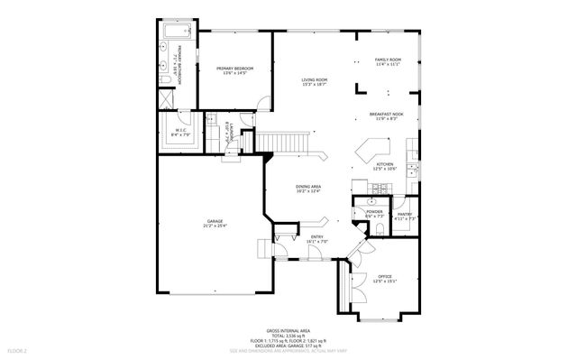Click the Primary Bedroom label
pyautogui.click(x=234, y=70)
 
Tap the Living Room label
pyautogui.click(x=315, y=82)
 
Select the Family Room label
pyautogui.click(x=388, y=62)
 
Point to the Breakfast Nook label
pyautogui.click(x=386, y=116)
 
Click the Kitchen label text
pyautogui.click(x=385, y=166)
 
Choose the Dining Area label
pyautogui.click(x=308, y=189)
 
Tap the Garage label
pyautogui.click(x=215, y=223)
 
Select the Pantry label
pyautogui.click(x=405, y=216)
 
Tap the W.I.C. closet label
pyautogui.click(x=177, y=133)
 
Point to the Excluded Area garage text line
pyautogui.click(x=288, y=346)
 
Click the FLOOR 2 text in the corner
pyautogui.click(x=18, y=350)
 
